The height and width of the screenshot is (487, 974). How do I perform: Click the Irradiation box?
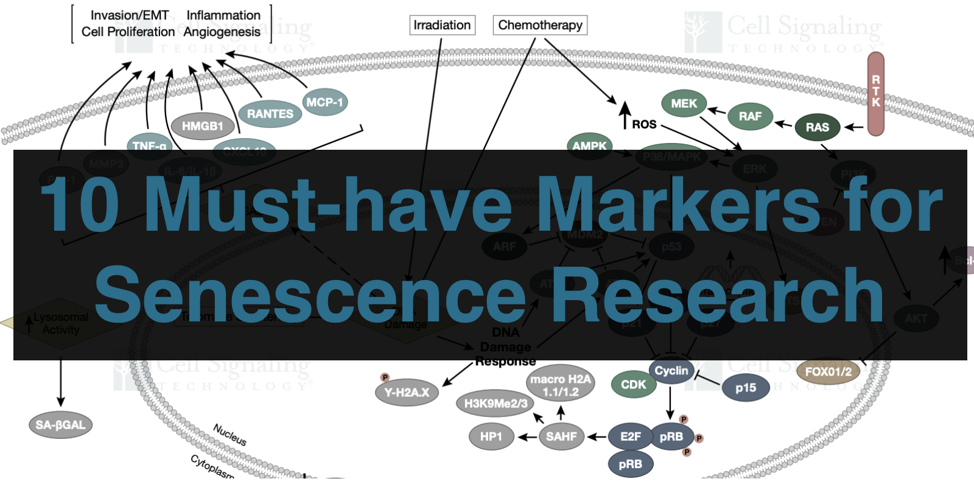[x=442, y=25]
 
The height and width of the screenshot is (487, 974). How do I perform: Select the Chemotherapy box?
[x=540, y=25]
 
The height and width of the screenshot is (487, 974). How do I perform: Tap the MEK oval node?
[x=684, y=103]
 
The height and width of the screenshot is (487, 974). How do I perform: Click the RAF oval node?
[x=750, y=116]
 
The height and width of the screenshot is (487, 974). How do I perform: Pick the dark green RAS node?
[x=817, y=127]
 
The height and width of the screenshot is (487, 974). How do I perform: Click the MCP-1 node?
[x=324, y=102]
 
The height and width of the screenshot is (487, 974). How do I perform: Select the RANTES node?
[x=270, y=114]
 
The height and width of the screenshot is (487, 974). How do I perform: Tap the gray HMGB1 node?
[x=202, y=126]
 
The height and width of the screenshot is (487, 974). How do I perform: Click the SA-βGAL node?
[x=60, y=425]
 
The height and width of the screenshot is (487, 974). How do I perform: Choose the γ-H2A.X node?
[x=407, y=393]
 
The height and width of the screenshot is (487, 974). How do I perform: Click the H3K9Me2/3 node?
[x=496, y=403]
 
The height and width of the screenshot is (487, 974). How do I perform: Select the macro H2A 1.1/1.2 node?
[x=559, y=385]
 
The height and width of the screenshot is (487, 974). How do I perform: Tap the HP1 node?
[x=491, y=436]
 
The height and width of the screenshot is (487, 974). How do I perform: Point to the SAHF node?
[x=561, y=436]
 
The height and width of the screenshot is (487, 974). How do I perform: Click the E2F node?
[x=630, y=436]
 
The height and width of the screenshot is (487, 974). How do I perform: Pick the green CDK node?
[x=633, y=385]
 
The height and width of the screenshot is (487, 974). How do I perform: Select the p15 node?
[x=745, y=388]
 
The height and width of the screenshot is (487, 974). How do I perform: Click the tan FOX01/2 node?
[x=828, y=371]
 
